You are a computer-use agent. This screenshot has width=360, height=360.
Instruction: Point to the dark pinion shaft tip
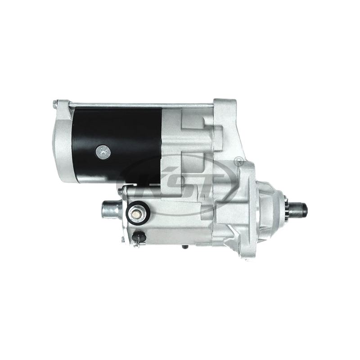point(303,208)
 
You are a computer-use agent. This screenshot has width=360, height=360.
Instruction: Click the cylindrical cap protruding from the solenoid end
point(109,210)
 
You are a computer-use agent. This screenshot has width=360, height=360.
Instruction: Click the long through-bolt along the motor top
point(135,105)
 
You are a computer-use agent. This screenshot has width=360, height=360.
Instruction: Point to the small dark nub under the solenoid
point(185,247)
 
